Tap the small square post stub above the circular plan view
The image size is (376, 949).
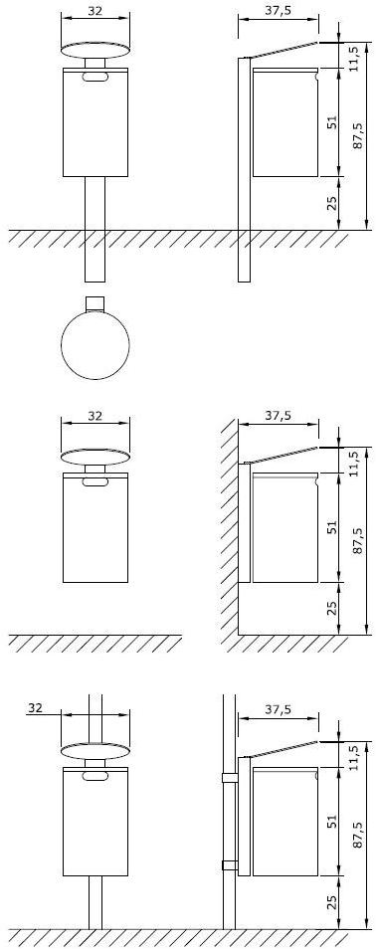click(95, 302)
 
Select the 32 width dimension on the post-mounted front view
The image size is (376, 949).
click(95, 12)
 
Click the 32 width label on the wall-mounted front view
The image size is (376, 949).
click(95, 416)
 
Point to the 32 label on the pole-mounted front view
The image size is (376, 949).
click(36, 708)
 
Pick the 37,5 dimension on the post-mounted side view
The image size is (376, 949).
click(279, 12)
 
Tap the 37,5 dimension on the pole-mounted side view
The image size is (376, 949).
click(279, 708)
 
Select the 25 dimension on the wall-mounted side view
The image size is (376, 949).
click(332, 608)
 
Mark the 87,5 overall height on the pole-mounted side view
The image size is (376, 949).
click(358, 844)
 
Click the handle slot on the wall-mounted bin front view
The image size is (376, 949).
click(95, 483)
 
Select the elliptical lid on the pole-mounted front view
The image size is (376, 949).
click(95, 748)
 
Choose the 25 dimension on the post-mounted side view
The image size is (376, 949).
click(332, 203)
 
